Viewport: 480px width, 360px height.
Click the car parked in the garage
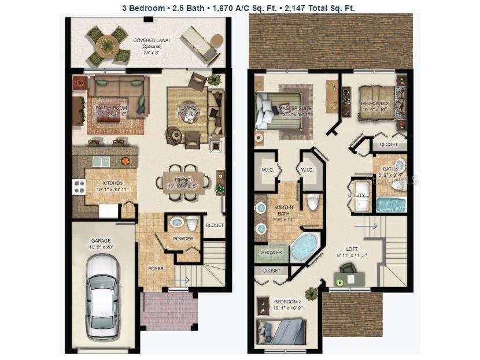[102, 296]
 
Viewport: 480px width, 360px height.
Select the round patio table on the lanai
[107, 44]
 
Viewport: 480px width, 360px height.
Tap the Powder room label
[183, 238]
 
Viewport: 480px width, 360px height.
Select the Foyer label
[156, 269]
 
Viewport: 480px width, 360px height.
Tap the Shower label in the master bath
[271, 253]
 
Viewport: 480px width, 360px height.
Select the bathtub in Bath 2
[391, 205]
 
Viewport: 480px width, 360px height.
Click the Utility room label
[357, 195]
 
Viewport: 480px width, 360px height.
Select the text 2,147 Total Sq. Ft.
[319, 8]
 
